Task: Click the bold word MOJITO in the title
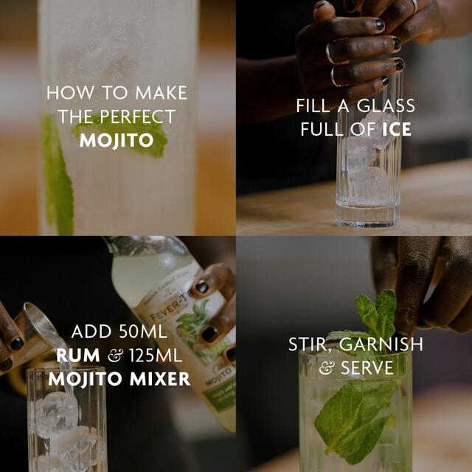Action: point(116,140)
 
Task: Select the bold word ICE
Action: point(396,130)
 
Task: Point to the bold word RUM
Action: point(78,356)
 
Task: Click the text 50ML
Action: point(149,332)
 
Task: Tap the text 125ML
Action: point(155,356)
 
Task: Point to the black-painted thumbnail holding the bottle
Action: point(201,287)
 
